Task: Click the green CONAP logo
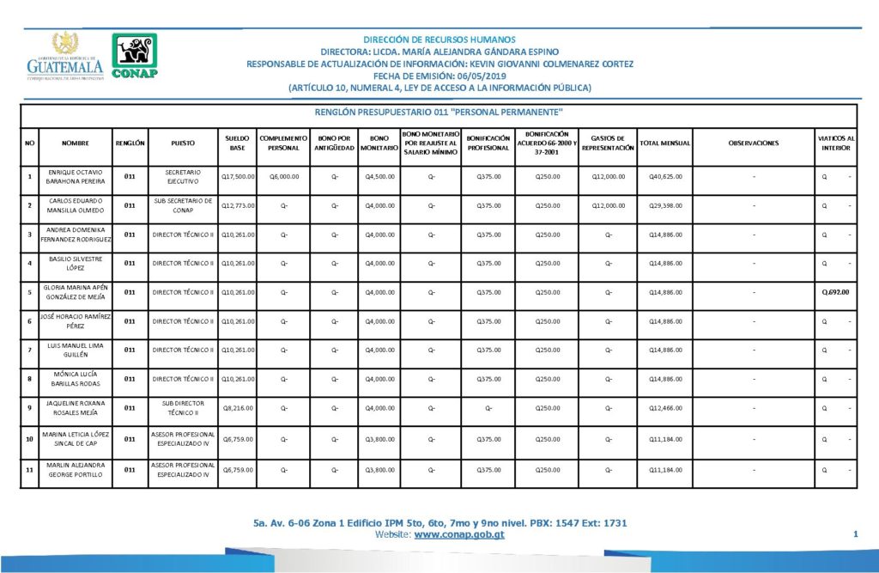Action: pos(135,55)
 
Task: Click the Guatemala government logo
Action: pos(64,56)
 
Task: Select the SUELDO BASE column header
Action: pos(236,143)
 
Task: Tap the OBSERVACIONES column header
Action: pos(753,143)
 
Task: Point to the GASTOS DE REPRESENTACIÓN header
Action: pos(608,143)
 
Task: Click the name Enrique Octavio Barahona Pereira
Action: pos(76,177)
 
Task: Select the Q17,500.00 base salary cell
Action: pos(236,177)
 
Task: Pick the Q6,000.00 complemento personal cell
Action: pos(282,177)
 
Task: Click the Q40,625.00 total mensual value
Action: pos(665,177)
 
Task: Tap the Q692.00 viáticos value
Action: pos(835,292)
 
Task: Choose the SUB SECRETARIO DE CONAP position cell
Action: pos(183,205)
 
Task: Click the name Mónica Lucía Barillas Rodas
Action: pos(76,379)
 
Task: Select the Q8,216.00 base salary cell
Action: pos(238,408)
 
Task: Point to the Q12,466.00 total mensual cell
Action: pos(665,408)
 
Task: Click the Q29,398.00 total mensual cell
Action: pos(665,206)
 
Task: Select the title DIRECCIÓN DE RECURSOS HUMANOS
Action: pos(439,40)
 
